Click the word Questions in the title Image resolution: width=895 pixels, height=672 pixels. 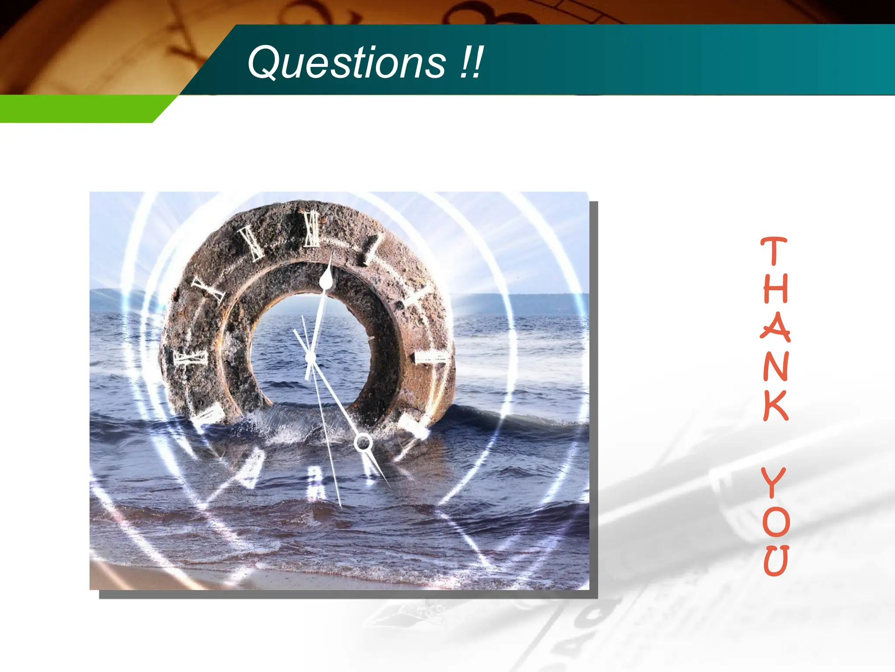click(x=347, y=63)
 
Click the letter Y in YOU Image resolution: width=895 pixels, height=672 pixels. click(x=774, y=482)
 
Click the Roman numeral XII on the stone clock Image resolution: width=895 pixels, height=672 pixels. click(x=312, y=229)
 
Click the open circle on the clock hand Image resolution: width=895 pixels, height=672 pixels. click(x=363, y=443)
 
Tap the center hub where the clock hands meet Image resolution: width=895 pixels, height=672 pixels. click(x=310, y=358)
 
